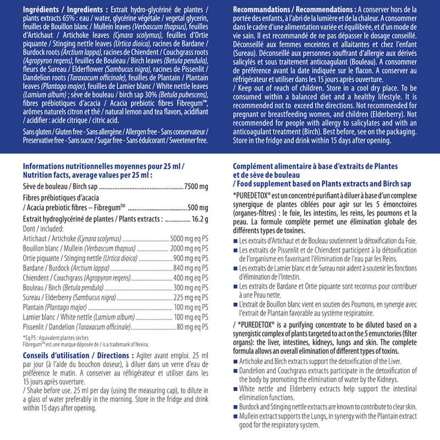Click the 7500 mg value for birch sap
pyautogui.click(x=196, y=187)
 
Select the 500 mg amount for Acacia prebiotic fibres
pyautogui.click(x=198, y=208)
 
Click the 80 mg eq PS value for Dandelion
pyautogui.click(x=193, y=328)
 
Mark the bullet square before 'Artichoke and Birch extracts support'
pyautogui.click(x=236, y=361)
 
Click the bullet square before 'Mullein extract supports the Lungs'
pyautogui.click(x=236, y=416)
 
